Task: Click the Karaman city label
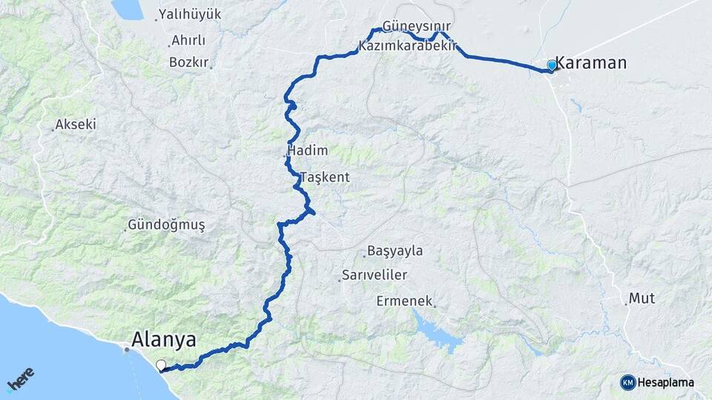point(591,63)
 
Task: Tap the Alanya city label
point(164,340)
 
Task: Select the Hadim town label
point(307,150)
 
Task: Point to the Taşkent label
point(325,178)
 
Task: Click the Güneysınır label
point(417,26)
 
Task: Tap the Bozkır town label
point(188,62)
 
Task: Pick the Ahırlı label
point(188,41)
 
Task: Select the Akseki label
point(76,124)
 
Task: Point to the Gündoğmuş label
point(166,224)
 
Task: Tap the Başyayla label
point(397,251)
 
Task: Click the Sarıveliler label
point(375,276)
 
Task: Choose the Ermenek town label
point(404,301)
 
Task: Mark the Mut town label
point(642,299)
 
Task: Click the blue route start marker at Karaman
point(551,65)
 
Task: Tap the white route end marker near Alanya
point(161,364)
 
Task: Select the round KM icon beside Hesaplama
point(627,382)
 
